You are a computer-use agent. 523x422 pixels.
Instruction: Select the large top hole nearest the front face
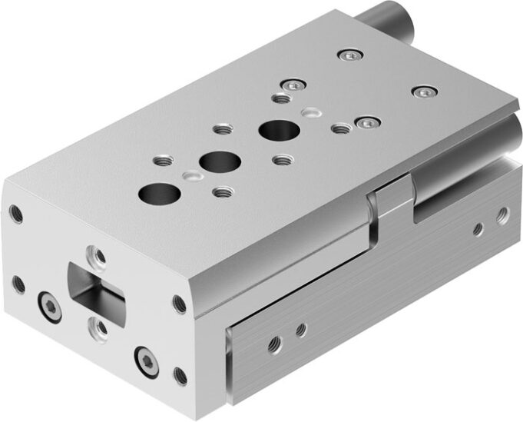(154, 191)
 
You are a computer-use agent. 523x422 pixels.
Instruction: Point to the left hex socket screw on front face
(48, 307)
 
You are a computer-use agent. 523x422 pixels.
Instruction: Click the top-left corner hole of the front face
(15, 213)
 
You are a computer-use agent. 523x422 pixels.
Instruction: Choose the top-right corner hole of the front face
(179, 304)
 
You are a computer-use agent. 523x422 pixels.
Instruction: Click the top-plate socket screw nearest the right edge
(423, 92)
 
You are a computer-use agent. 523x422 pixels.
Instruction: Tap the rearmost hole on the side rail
(503, 211)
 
